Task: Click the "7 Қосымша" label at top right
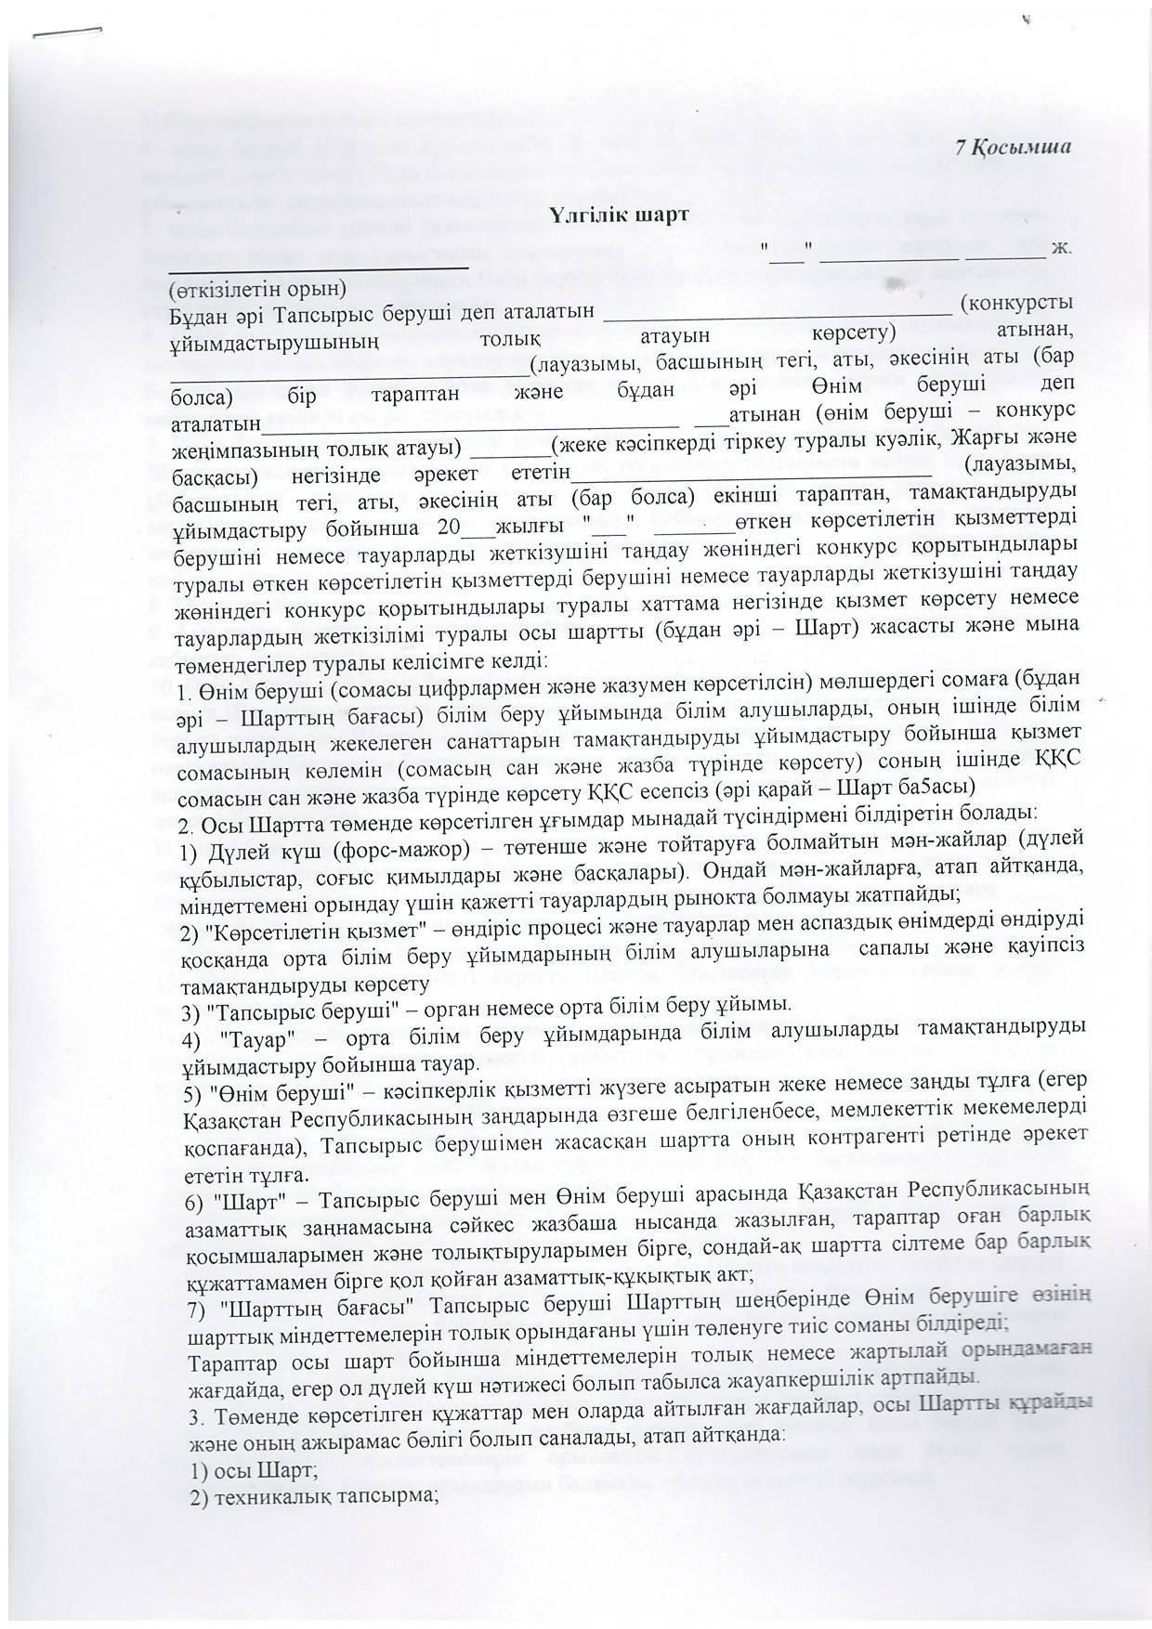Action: pos(1016,148)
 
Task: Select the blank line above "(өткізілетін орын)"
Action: pos(320,266)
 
